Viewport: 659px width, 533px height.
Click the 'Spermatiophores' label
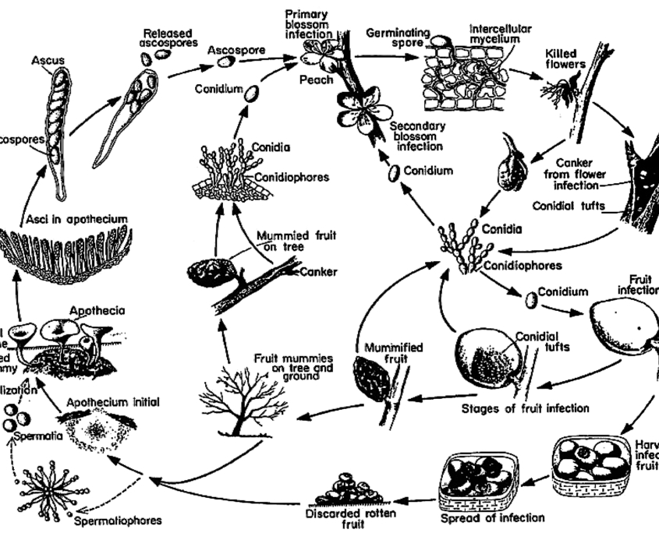119,520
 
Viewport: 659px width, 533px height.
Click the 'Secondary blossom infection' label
417,136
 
